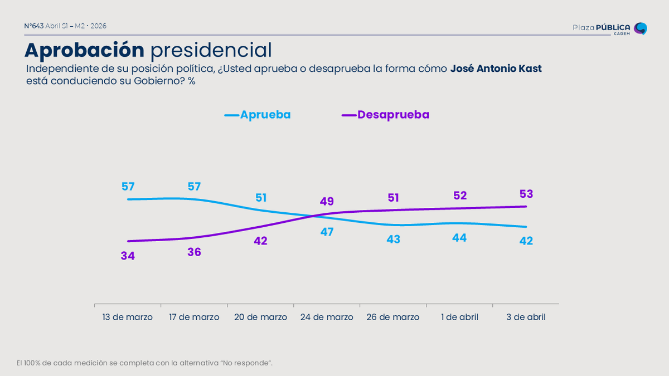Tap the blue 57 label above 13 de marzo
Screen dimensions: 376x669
(128, 187)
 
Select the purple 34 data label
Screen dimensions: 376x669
(128, 256)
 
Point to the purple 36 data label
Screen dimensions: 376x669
(194, 252)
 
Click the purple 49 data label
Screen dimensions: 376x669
(327, 201)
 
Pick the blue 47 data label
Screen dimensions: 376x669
(327, 232)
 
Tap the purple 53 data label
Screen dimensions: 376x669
(526, 194)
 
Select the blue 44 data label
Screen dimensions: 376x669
(460, 238)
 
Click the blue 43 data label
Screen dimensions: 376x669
(393, 239)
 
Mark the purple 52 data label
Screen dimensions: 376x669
(460, 196)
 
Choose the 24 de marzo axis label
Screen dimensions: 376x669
(327, 317)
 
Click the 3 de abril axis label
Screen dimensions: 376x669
(526, 317)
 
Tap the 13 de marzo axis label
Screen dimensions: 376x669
(128, 317)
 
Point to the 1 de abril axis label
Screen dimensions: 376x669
(459, 317)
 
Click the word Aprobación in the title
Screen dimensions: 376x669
(84, 50)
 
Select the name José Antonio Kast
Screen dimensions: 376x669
(496, 69)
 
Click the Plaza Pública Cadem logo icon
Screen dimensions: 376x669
(641, 28)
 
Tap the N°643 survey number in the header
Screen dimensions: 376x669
(34, 26)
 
